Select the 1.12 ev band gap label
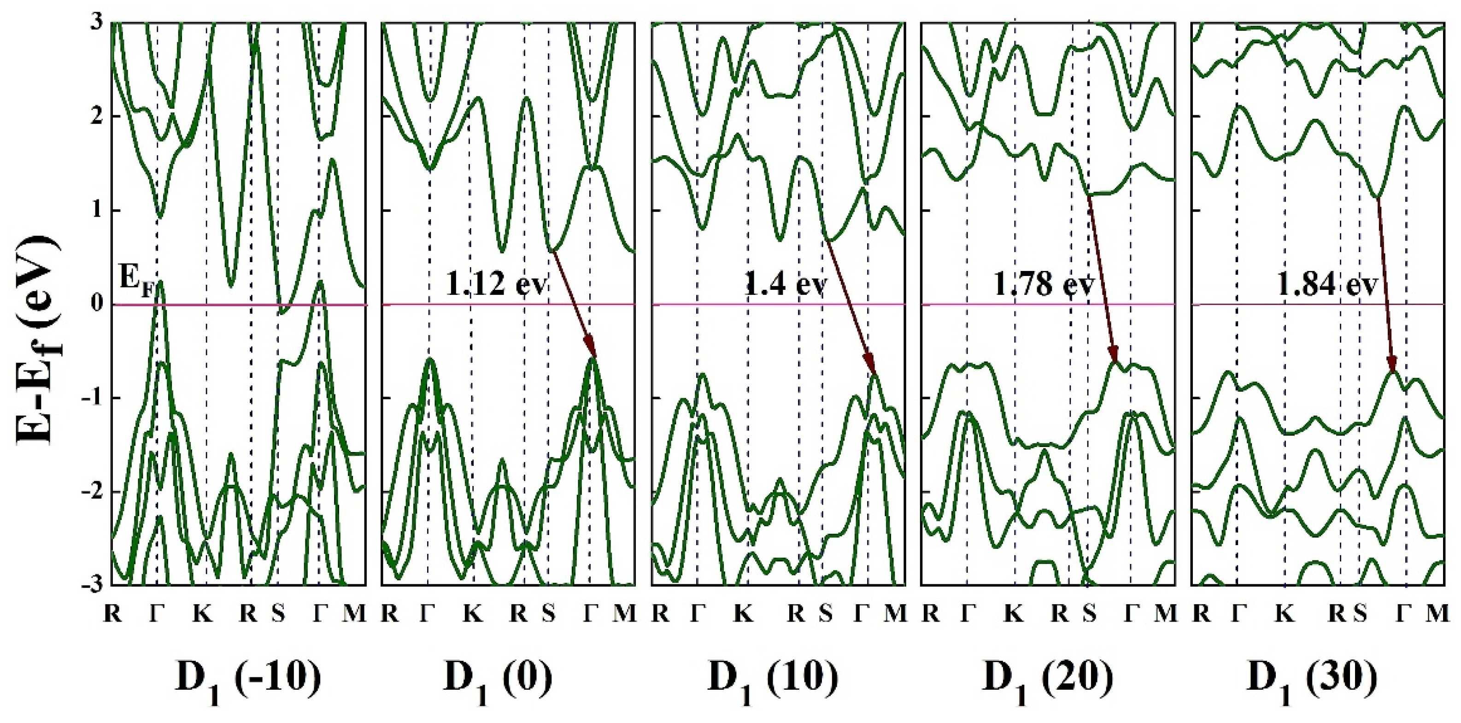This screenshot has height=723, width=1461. (x=496, y=283)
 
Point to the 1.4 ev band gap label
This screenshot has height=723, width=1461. (x=786, y=283)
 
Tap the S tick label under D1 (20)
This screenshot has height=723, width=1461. (x=1089, y=613)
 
